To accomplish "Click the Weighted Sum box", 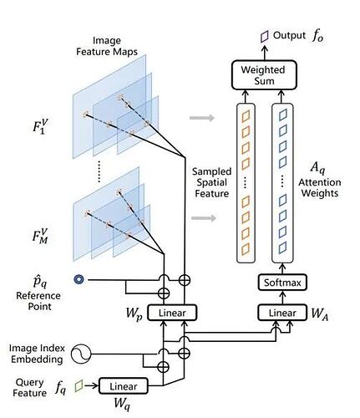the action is point(264,75).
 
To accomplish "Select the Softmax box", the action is point(282,283).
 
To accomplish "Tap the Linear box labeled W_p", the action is point(172,313).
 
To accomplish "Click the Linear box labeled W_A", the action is point(282,313).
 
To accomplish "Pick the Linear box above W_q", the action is point(124,386).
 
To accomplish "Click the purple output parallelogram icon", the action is point(265,36).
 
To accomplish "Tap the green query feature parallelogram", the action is point(79,385).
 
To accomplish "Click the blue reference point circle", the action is point(79,279).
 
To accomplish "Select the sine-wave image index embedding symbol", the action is point(81,354).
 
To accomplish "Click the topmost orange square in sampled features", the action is point(246,116).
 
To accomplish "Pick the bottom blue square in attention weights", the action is point(282,247).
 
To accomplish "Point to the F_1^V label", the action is point(40,127).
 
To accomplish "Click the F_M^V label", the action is point(40,237).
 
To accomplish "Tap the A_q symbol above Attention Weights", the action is point(317,167).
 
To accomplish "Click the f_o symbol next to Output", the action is point(317,36).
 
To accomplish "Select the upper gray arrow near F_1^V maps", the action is point(202,118).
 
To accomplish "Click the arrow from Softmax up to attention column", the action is point(282,269).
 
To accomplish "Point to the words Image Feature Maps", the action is point(107,46).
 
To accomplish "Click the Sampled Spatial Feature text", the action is point(212,182).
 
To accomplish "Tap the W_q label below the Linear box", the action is point(122,403).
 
